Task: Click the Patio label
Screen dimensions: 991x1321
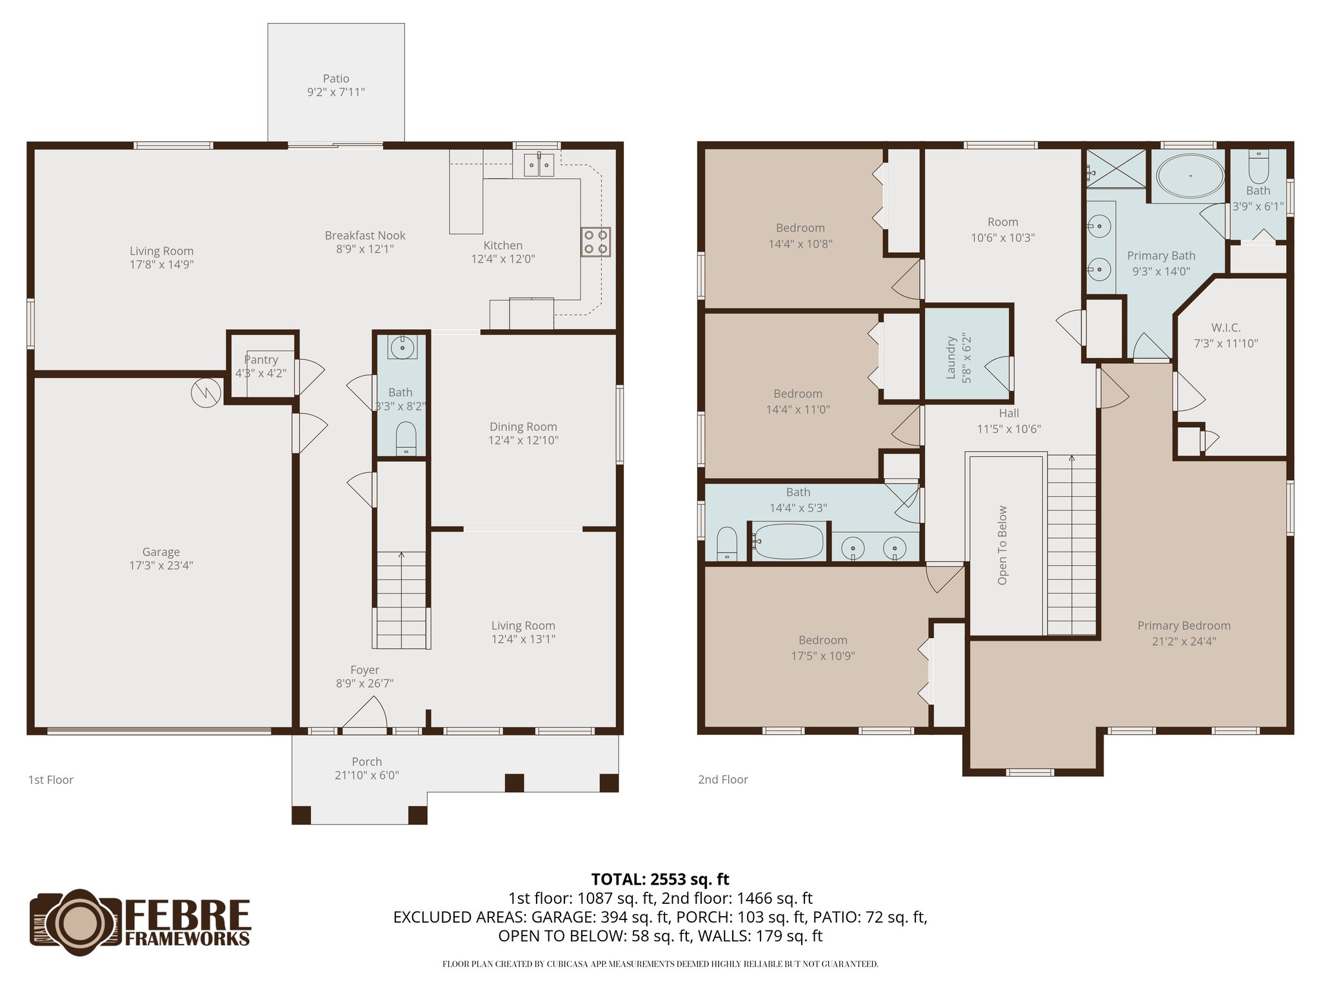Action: pyautogui.click(x=336, y=79)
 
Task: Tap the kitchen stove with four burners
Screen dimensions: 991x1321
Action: pyautogui.click(x=595, y=242)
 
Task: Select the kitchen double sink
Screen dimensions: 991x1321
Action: pyautogui.click(x=538, y=165)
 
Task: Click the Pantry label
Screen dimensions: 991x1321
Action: pyautogui.click(x=261, y=360)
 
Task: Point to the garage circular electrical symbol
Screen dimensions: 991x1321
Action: pyautogui.click(x=206, y=392)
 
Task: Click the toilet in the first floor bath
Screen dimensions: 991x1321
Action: pyautogui.click(x=406, y=438)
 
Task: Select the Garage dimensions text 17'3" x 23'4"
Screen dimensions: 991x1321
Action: pyautogui.click(x=161, y=566)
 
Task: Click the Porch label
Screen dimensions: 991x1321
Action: pyautogui.click(x=367, y=762)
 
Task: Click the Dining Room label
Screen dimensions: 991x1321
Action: pyautogui.click(x=523, y=427)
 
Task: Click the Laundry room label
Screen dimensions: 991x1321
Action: pyautogui.click(x=951, y=357)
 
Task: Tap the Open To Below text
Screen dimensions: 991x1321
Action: pyautogui.click(x=1002, y=545)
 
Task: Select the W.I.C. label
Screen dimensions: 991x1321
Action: pyautogui.click(x=1226, y=328)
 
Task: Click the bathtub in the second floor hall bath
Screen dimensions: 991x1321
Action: pyautogui.click(x=788, y=541)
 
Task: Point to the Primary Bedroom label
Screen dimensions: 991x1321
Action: pyautogui.click(x=1184, y=626)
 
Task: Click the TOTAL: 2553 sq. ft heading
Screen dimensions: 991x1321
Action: pyautogui.click(x=660, y=879)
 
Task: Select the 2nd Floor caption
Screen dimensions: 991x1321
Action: pyautogui.click(x=722, y=779)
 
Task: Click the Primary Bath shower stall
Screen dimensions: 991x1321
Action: pyautogui.click(x=1117, y=168)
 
